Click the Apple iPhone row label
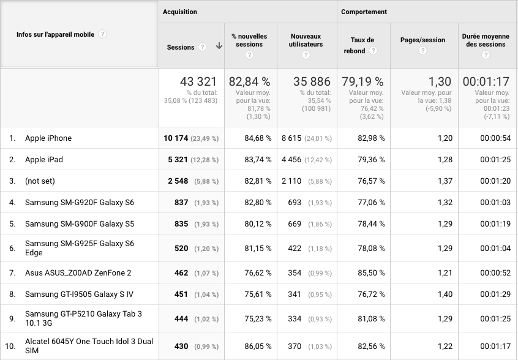[x=48, y=138]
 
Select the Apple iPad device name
[x=44, y=160]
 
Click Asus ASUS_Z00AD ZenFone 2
[x=78, y=273]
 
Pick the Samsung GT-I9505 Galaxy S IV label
[x=79, y=294]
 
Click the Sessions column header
[x=181, y=47]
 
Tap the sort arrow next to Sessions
[x=219, y=47]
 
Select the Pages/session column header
[x=423, y=40]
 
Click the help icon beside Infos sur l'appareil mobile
[x=102, y=34]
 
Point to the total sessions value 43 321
[x=198, y=81]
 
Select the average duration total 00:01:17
[x=486, y=81]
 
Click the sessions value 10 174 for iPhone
[x=176, y=138]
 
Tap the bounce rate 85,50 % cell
[x=372, y=273]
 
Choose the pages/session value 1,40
[x=445, y=294]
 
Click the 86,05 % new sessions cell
[x=258, y=347]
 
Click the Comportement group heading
[x=364, y=12]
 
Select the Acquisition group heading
[x=180, y=12]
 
